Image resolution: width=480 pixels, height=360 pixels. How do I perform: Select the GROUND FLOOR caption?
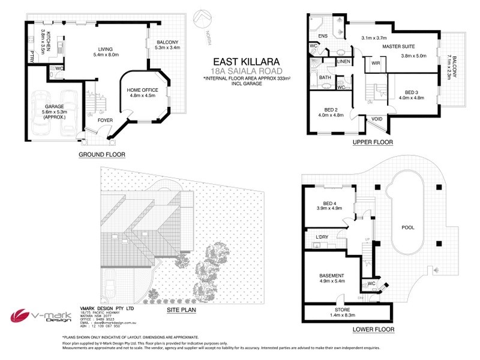tap(103, 154)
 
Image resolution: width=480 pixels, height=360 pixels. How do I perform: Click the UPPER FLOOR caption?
tap(373, 143)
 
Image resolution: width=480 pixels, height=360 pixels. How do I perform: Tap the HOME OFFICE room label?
tap(141, 91)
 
